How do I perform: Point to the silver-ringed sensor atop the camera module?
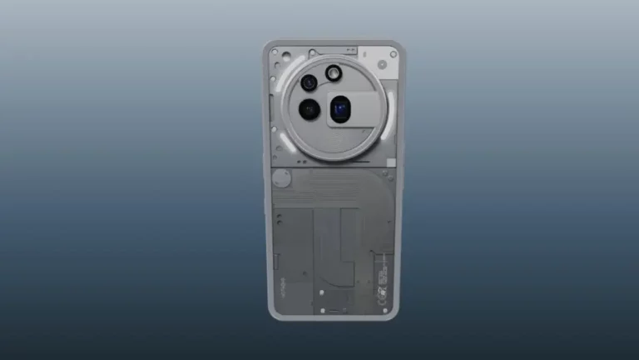[334, 73]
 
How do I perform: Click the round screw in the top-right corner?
[393, 55]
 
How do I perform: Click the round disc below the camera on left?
[282, 177]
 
